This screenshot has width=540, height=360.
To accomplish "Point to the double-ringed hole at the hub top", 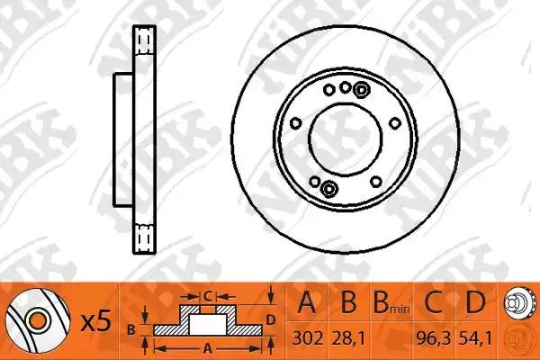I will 361,88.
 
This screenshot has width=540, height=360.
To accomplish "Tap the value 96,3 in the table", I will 438,341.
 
